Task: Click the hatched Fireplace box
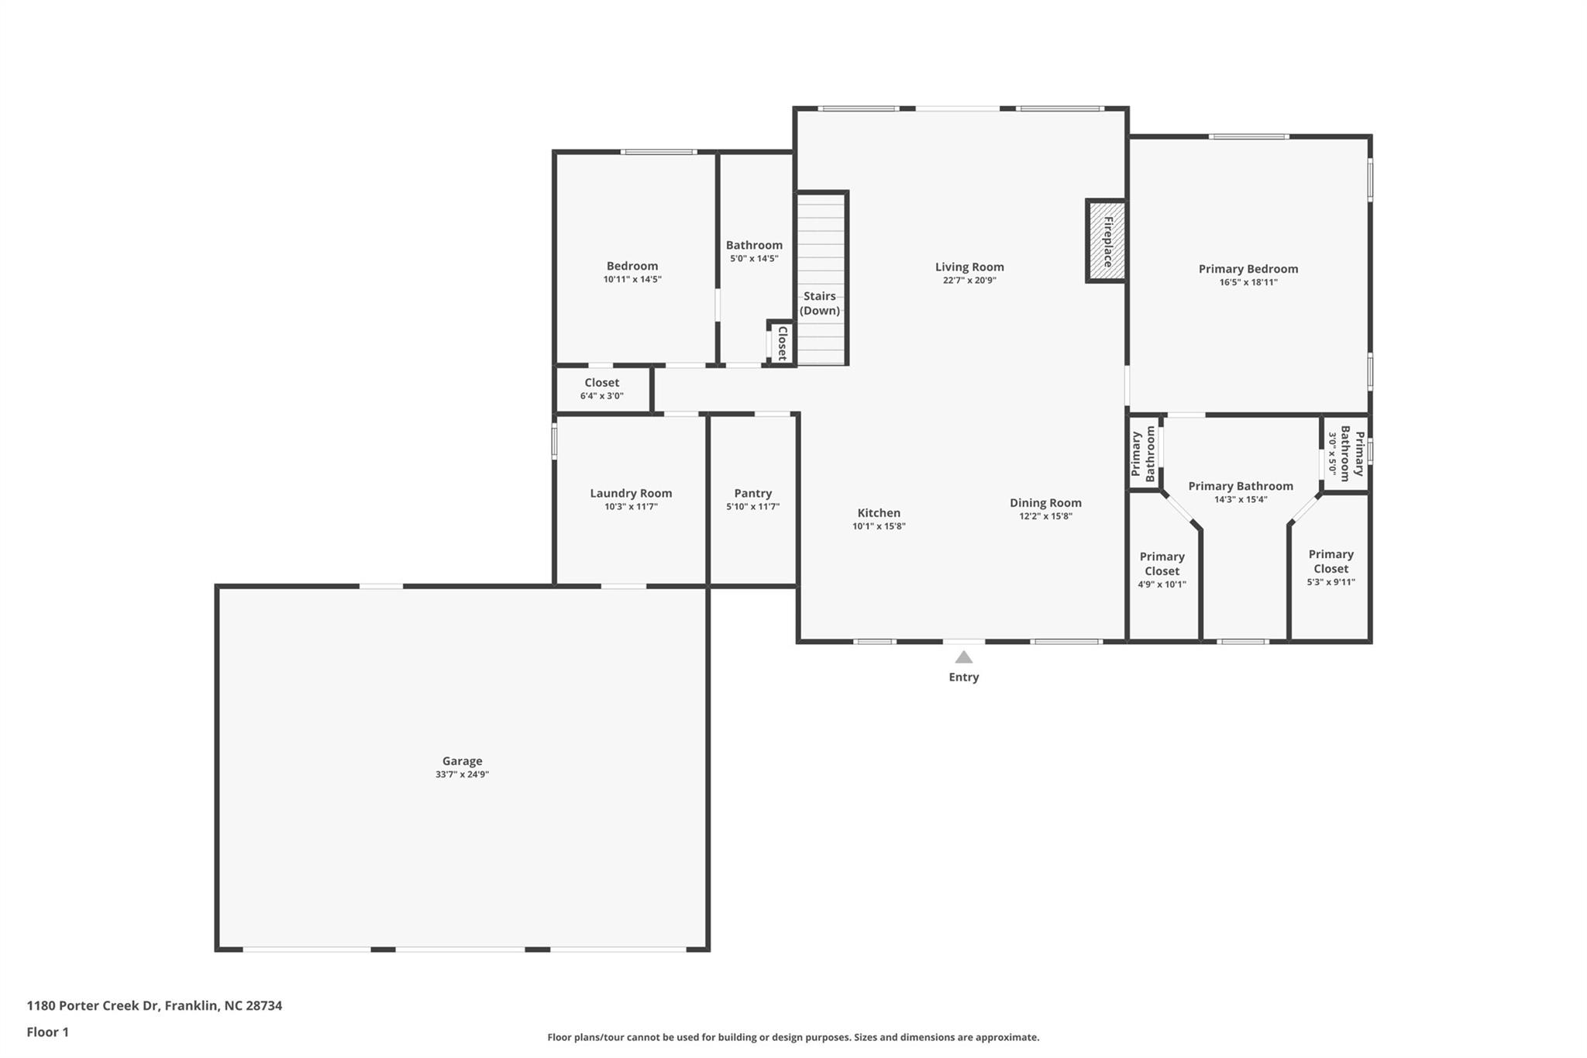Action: click(x=1106, y=241)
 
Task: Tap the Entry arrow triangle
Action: click(x=963, y=657)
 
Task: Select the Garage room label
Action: click(x=463, y=761)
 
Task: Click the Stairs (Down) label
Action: click(x=820, y=303)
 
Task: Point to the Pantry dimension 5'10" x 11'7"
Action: click(x=753, y=507)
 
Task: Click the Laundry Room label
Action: click(x=631, y=493)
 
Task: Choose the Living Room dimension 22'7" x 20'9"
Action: click(x=969, y=281)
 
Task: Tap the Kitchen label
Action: click(x=879, y=513)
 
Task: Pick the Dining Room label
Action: click(x=1045, y=503)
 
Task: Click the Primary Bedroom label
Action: click(x=1248, y=269)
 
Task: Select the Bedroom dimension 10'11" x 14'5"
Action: click(x=632, y=279)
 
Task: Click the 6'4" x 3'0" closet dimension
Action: click(x=602, y=396)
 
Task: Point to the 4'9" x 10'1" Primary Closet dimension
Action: click(x=1162, y=585)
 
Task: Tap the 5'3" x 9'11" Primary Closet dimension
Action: click(x=1331, y=582)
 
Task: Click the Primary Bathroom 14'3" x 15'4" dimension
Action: click(x=1241, y=499)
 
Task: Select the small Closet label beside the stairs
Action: click(x=783, y=343)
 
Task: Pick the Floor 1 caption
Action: click(x=48, y=1032)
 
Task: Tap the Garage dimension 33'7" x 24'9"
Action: click(x=463, y=774)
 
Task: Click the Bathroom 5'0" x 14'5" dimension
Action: click(x=754, y=259)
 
